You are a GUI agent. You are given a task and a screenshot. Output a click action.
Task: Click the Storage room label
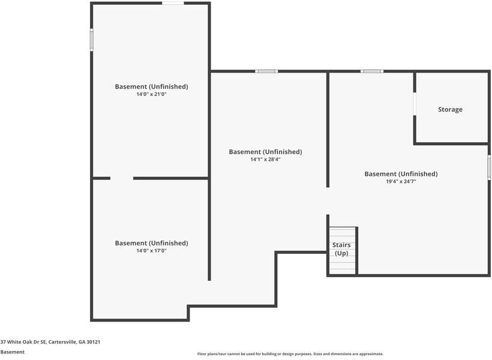(450, 110)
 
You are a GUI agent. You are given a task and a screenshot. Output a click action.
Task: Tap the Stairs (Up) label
(341, 249)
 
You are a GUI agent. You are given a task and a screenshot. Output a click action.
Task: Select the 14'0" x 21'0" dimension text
(151, 94)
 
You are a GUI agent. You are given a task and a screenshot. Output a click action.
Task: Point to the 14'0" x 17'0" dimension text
(151, 251)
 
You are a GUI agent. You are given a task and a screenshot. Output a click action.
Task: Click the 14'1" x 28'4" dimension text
(265, 160)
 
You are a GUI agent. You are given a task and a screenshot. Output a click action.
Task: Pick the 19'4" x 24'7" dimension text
(401, 181)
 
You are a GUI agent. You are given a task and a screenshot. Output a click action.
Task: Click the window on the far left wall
(92, 40)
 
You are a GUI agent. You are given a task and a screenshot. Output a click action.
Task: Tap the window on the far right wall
(489, 167)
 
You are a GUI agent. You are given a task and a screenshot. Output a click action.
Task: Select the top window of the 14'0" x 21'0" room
(173, 3)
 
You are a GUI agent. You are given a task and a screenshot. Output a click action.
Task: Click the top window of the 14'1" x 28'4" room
(266, 71)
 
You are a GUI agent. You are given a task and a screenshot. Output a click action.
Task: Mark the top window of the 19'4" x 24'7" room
(372, 71)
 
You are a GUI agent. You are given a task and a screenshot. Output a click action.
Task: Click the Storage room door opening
(415, 104)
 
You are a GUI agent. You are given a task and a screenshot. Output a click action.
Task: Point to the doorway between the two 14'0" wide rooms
(122, 178)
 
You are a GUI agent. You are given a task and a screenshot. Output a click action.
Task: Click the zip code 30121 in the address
(94, 342)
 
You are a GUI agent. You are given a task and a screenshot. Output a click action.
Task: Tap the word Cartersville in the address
(62, 342)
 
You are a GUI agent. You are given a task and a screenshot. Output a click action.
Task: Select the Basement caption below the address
(12, 352)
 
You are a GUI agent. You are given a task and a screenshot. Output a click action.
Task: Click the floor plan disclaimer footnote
(290, 354)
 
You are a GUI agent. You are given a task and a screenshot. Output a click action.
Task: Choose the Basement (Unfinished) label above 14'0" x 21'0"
(151, 86)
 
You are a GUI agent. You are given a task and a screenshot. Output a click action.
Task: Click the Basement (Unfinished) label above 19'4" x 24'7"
(401, 174)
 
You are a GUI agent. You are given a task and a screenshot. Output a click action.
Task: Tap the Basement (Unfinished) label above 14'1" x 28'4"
(265, 152)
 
